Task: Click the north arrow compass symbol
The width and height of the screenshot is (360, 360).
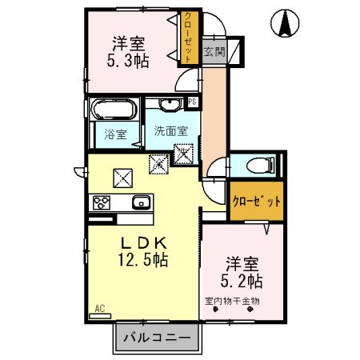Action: click(285, 23)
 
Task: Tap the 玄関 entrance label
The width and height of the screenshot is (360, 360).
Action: click(214, 51)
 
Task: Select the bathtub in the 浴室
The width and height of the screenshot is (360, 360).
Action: click(114, 109)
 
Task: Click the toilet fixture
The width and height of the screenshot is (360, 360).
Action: click(261, 166)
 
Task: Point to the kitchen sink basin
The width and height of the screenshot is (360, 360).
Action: click(141, 202)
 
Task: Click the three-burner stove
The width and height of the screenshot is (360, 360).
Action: click(102, 202)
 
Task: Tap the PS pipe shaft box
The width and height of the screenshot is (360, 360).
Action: click(192, 102)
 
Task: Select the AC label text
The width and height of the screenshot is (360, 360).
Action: click(100, 309)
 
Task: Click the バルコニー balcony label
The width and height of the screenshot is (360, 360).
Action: click(157, 338)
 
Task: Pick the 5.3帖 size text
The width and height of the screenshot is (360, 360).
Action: click(128, 61)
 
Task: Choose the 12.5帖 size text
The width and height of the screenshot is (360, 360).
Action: click(143, 260)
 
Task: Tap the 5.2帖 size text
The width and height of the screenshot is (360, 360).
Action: click(242, 281)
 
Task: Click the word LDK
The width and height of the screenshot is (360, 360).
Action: click(144, 243)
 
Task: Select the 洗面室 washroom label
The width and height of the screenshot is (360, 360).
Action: click(171, 131)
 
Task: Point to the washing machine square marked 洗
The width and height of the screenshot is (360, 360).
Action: click(183, 153)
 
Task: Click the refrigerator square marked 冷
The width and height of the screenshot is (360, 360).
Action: click(158, 164)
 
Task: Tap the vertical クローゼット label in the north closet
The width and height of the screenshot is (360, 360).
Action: click(188, 38)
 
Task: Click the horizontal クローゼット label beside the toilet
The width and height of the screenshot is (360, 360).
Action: click(257, 201)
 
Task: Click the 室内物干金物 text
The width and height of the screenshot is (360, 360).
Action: click(232, 302)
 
